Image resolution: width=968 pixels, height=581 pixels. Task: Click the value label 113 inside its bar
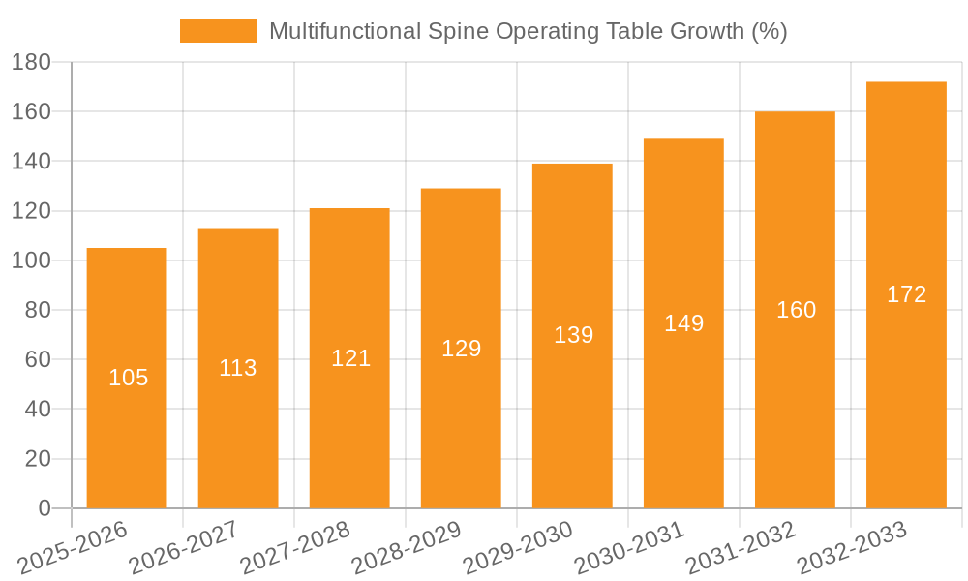click(x=238, y=368)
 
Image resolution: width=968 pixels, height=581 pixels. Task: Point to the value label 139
click(x=573, y=335)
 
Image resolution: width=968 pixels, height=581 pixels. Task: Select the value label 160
click(x=796, y=310)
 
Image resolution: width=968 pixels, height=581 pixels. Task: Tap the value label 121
click(x=350, y=358)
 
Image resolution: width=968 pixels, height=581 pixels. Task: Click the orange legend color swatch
click(x=219, y=31)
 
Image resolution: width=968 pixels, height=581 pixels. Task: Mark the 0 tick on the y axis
click(x=44, y=508)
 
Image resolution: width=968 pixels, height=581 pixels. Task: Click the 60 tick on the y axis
click(x=37, y=359)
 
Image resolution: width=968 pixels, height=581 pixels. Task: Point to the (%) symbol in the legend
click(x=770, y=31)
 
